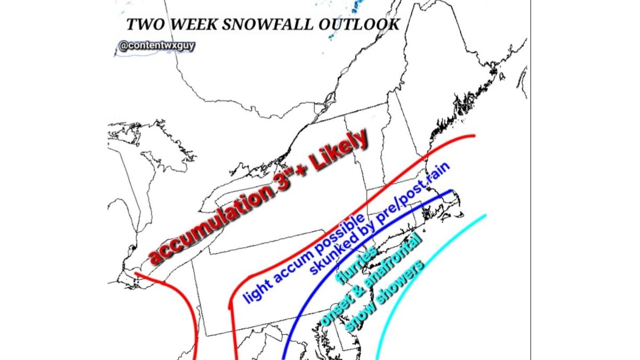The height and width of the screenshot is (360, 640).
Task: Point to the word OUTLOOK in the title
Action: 359,24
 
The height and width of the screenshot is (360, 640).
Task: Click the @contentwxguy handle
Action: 156,45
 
